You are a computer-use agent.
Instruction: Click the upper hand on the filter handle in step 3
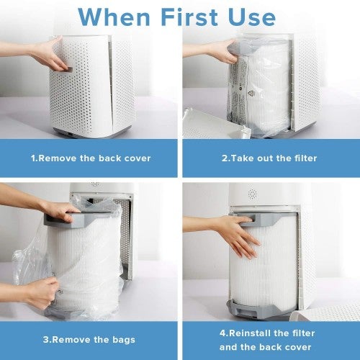[61, 211]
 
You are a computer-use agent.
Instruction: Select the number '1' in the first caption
[32, 156]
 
